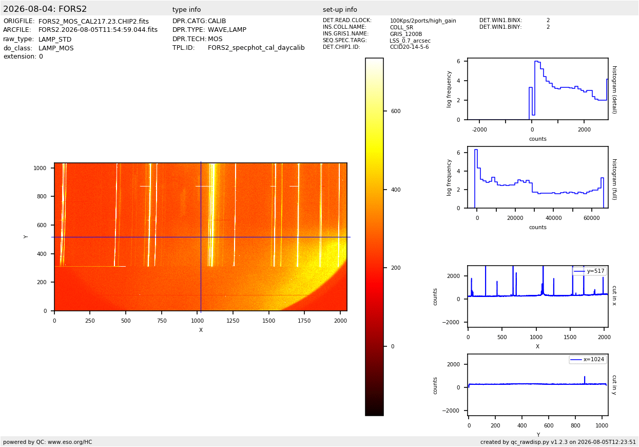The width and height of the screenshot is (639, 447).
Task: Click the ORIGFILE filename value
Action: point(93,22)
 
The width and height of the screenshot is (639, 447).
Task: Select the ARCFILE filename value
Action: point(98,30)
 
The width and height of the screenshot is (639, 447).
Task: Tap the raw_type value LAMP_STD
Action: point(55,39)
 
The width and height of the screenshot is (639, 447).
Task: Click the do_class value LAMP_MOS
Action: point(56,48)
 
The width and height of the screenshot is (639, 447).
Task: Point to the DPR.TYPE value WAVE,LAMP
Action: point(227,30)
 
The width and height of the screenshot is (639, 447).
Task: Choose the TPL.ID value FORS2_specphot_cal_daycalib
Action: point(256,48)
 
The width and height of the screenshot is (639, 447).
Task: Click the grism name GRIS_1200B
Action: point(406,34)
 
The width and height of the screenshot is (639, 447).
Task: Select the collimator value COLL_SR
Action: point(401,27)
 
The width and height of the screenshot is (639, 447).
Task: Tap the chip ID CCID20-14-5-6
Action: point(409,47)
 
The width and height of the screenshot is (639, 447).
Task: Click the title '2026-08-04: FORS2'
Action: point(45,9)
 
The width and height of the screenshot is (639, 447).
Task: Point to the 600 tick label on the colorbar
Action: point(396,111)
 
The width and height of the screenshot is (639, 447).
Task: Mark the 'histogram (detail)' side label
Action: point(614,90)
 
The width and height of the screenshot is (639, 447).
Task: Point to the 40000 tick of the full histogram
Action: point(553,218)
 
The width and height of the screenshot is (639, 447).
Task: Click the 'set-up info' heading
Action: point(340,9)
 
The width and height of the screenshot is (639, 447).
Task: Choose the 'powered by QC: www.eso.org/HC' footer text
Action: point(48,442)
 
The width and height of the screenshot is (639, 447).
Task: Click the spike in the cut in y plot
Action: point(585,380)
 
